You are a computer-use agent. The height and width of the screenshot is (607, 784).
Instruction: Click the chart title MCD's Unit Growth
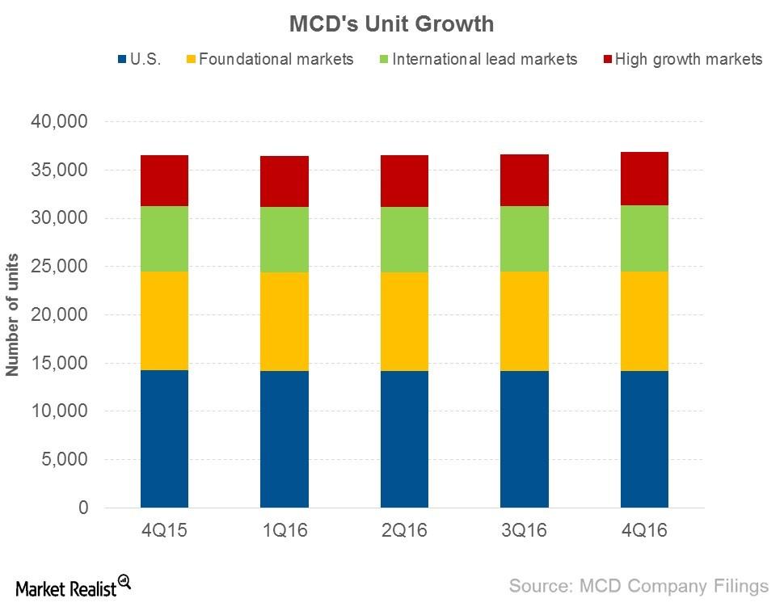click(391, 24)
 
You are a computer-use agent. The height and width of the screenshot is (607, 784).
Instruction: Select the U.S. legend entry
click(140, 59)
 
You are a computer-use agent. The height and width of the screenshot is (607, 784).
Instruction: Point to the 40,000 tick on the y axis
click(61, 122)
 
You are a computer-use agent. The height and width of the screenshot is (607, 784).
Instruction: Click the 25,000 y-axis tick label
click(61, 267)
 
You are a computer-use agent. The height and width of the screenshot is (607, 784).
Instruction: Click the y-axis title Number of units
click(13, 314)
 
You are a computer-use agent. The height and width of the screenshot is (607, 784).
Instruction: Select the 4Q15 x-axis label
click(164, 530)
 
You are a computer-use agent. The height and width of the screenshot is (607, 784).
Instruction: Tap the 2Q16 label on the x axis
click(404, 530)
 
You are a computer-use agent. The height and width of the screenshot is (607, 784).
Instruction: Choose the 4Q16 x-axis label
click(644, 530)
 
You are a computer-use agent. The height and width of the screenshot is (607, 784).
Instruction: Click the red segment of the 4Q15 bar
click(164, 180)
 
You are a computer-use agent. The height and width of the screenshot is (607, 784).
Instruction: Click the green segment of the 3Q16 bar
click(524, 238)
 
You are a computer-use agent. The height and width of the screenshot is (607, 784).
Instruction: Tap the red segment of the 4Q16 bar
click(644, 179)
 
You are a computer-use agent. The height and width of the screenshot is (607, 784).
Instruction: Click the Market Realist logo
click(72, 585)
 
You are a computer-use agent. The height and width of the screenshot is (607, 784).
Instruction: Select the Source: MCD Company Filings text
click(639, 585)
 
